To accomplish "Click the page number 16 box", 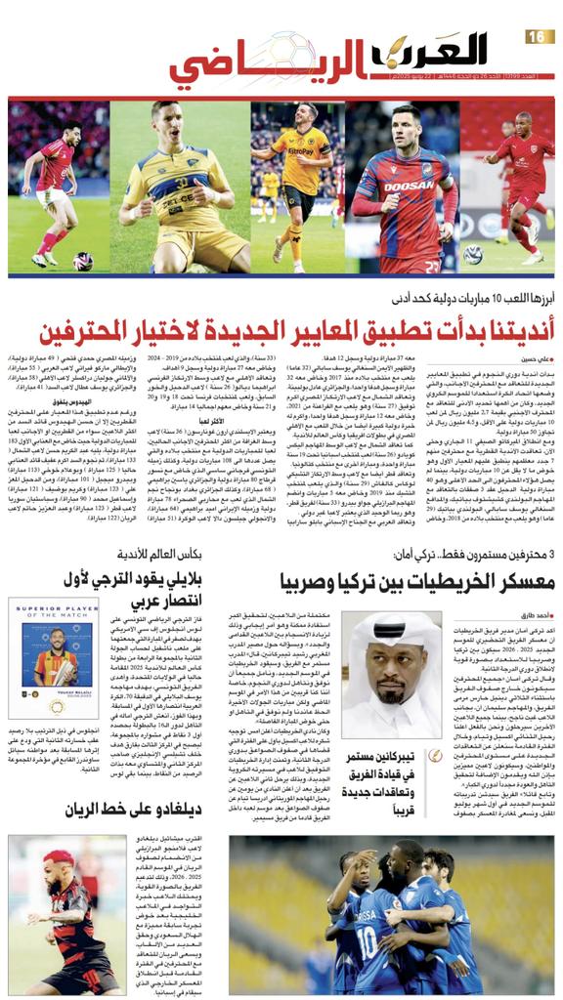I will click(x=538, y=36).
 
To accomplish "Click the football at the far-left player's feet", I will click(x=83, y=261).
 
